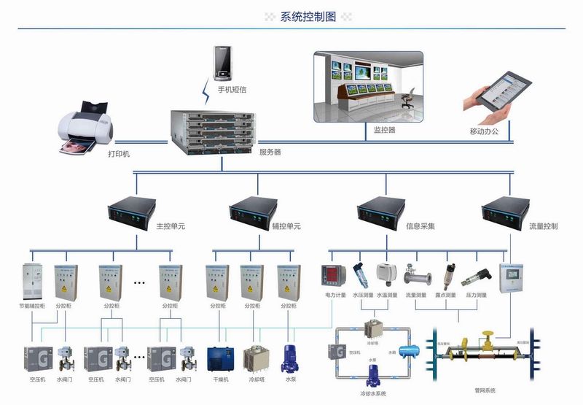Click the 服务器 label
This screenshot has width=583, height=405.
[x=270, y=153]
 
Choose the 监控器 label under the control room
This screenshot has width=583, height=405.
[x=384, y=130]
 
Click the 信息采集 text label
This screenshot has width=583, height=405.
[x=420, y=227]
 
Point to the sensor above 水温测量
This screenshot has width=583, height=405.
[x=386, y=272]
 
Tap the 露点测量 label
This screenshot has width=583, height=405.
[x=445, y=296]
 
